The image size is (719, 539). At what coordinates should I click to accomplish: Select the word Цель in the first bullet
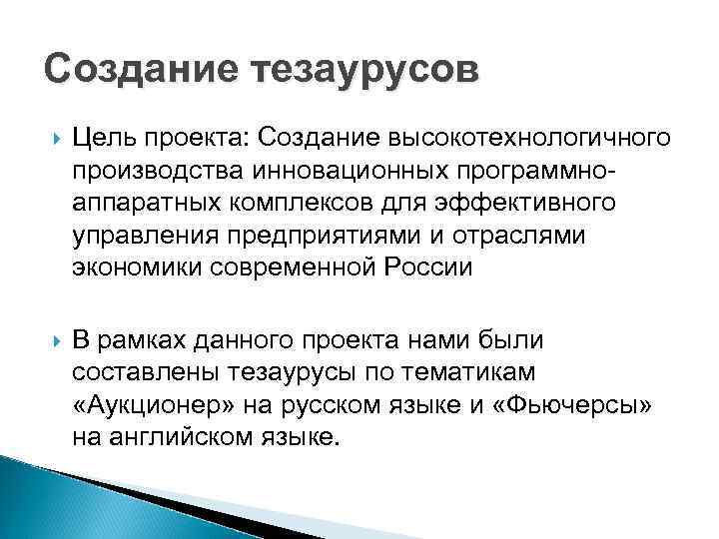click(102, 136)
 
